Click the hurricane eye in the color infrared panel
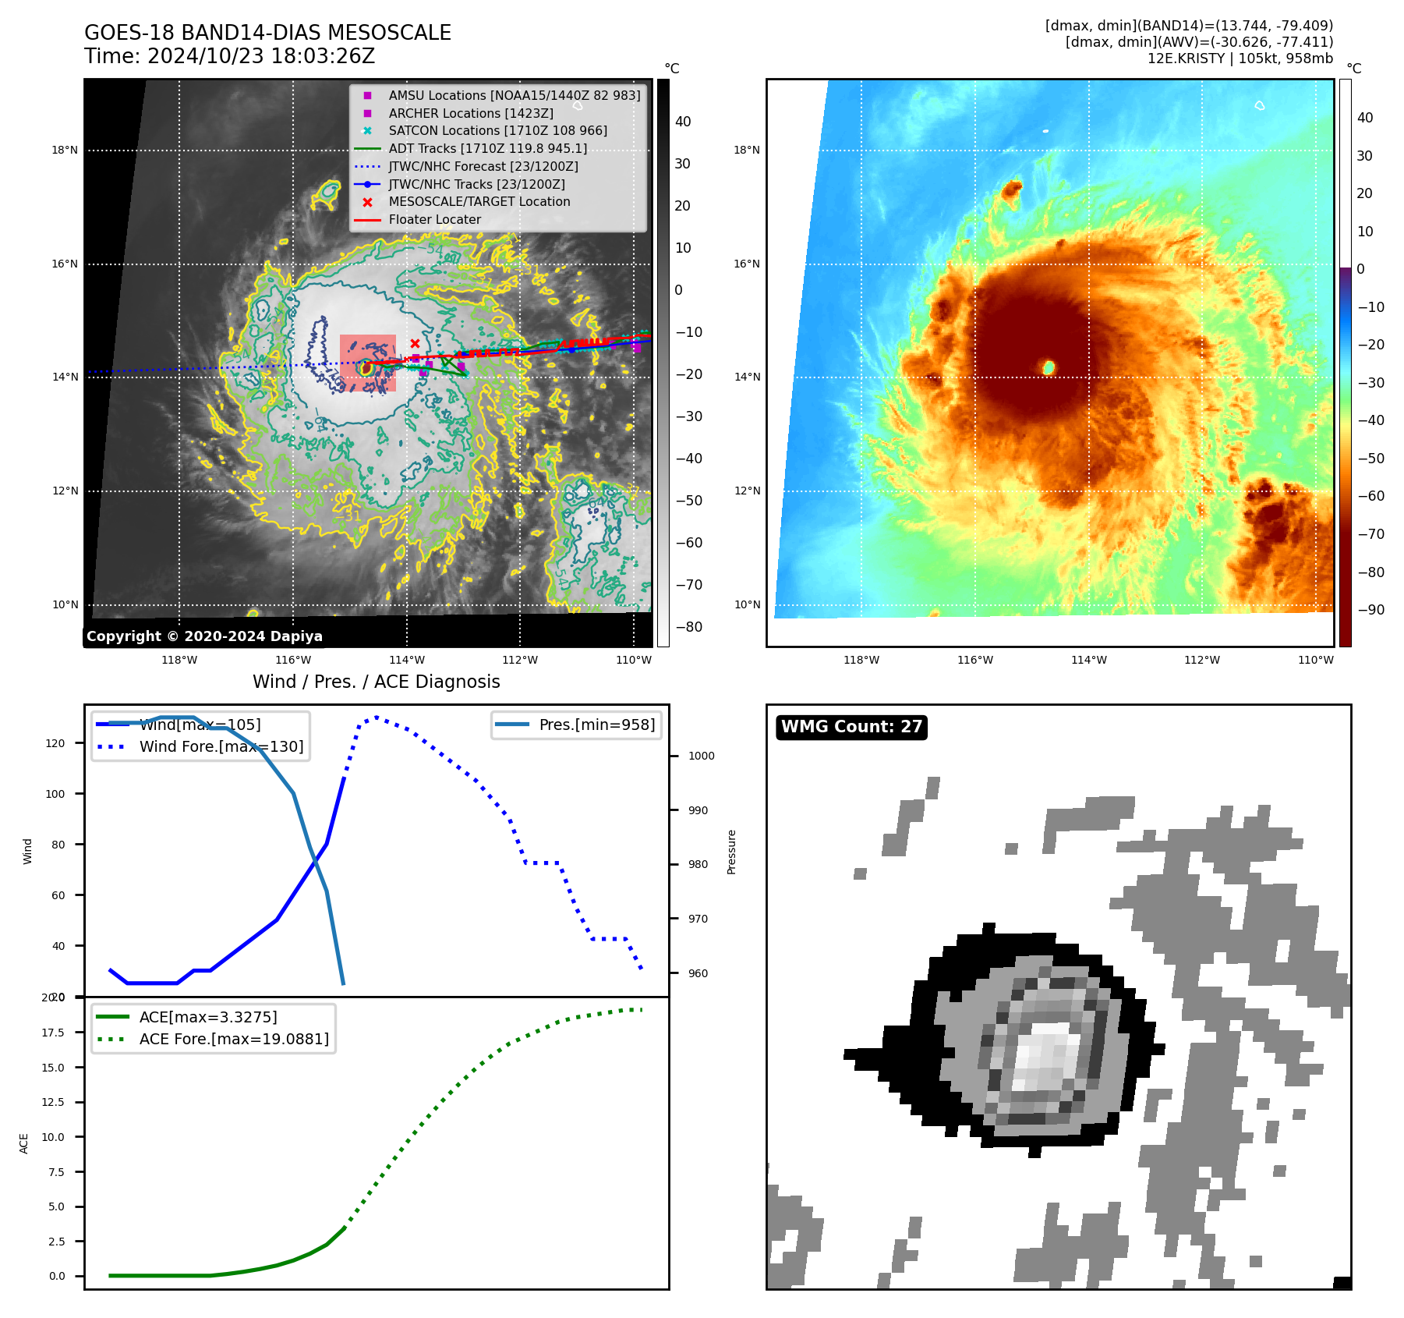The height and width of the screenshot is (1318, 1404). [x=1049, y=367]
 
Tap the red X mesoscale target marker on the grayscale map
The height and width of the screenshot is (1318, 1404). [x=415, y=343]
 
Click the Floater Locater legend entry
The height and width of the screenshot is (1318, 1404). [x=434, y=220]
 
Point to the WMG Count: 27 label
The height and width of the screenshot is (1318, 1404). [x=851, y=727]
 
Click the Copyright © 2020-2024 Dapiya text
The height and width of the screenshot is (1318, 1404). [x=204, y=636]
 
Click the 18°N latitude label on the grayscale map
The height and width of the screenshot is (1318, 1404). [x=65, y=150]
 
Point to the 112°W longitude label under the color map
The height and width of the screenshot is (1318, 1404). [x=1202, y=660]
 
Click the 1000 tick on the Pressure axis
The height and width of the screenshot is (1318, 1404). [x=701, y=756]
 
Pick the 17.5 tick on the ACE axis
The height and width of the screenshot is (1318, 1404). [x=53, y=1033]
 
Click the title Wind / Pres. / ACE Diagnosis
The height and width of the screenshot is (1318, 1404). [x=377, y=682]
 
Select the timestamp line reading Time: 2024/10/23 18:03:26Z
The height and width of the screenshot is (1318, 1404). [x=230, y=56]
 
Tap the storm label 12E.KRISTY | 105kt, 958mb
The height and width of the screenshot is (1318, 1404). [x=1240, y=58]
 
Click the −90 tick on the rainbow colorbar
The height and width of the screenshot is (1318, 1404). [x=1370, y=610]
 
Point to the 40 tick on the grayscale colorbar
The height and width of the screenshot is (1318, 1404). [x=683, y=122]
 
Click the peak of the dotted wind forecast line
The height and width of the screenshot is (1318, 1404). [x=377, y=717]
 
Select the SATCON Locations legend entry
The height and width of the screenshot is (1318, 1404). [x=497, y=131]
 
